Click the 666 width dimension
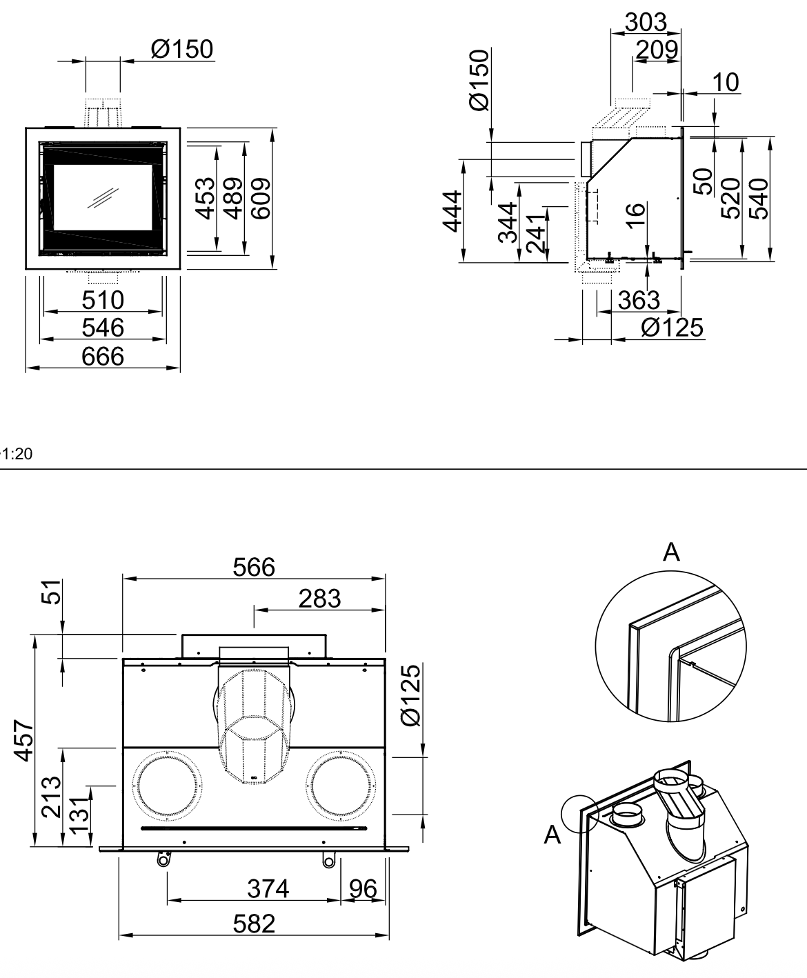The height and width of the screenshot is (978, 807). pyautogui.click(x=103, y=357)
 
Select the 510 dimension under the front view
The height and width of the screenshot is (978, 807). pyautogui.click(x=103, y=300)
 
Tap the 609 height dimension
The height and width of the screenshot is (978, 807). pyautogui.click(x=261, y=199)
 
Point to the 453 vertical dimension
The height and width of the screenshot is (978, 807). pyautogui.click(x=205, y=199)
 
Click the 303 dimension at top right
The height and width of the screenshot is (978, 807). pyautogui.click(x=646, y=22)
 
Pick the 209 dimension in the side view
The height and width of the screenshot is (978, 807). pyautogui.click(x=657, y=50)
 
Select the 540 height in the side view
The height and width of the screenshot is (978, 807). pyautogui.click(x=759, y=199)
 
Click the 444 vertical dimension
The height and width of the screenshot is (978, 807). pyautogui.click(x=452, y=211)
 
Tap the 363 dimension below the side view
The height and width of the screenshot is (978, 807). pyautogui.click(x=639, y=300)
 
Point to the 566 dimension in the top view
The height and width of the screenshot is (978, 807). pyautogui.click(x=254, y=568)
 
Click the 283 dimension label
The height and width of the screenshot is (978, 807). pyautogui.click(x=319, y=599)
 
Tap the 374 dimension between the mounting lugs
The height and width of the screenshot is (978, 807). pyautogui.click(x=268, y=888)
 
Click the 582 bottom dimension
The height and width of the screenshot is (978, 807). pyautogui.click(x=254, y=924)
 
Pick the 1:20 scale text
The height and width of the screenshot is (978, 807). pyautogui.click(x=17, y=454)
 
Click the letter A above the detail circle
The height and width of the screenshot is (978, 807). pyautogui.click(x=671, y=552)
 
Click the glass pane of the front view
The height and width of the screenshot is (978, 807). pyautogui.click(x=103, y=197)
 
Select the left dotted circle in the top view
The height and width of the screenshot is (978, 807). pyautogui.click(x=167, y=786)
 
